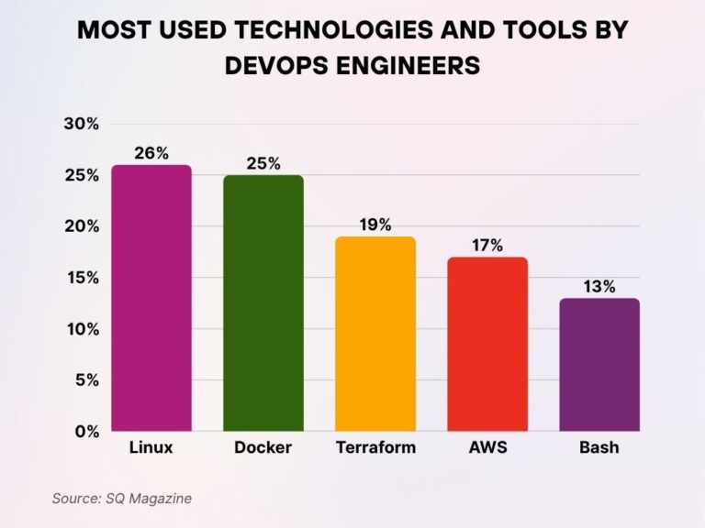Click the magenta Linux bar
coord(151,298)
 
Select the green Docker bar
coord(263,302)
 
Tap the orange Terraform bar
coord(375,334)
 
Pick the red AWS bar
coord(487,344)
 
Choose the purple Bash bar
coord(599,364)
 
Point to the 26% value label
coord(151,153)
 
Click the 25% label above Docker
coord(263,163)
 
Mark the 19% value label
coord(375,225)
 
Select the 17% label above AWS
coord(487,246)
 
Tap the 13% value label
coord(599,286)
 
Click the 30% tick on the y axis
coord(81,124)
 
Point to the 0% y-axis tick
coord(86,431)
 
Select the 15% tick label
coord(81,278)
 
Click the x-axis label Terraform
coord(375,448)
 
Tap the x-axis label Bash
coord(599,448)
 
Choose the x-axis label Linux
coord(151,448)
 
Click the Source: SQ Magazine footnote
coord(122,498)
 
